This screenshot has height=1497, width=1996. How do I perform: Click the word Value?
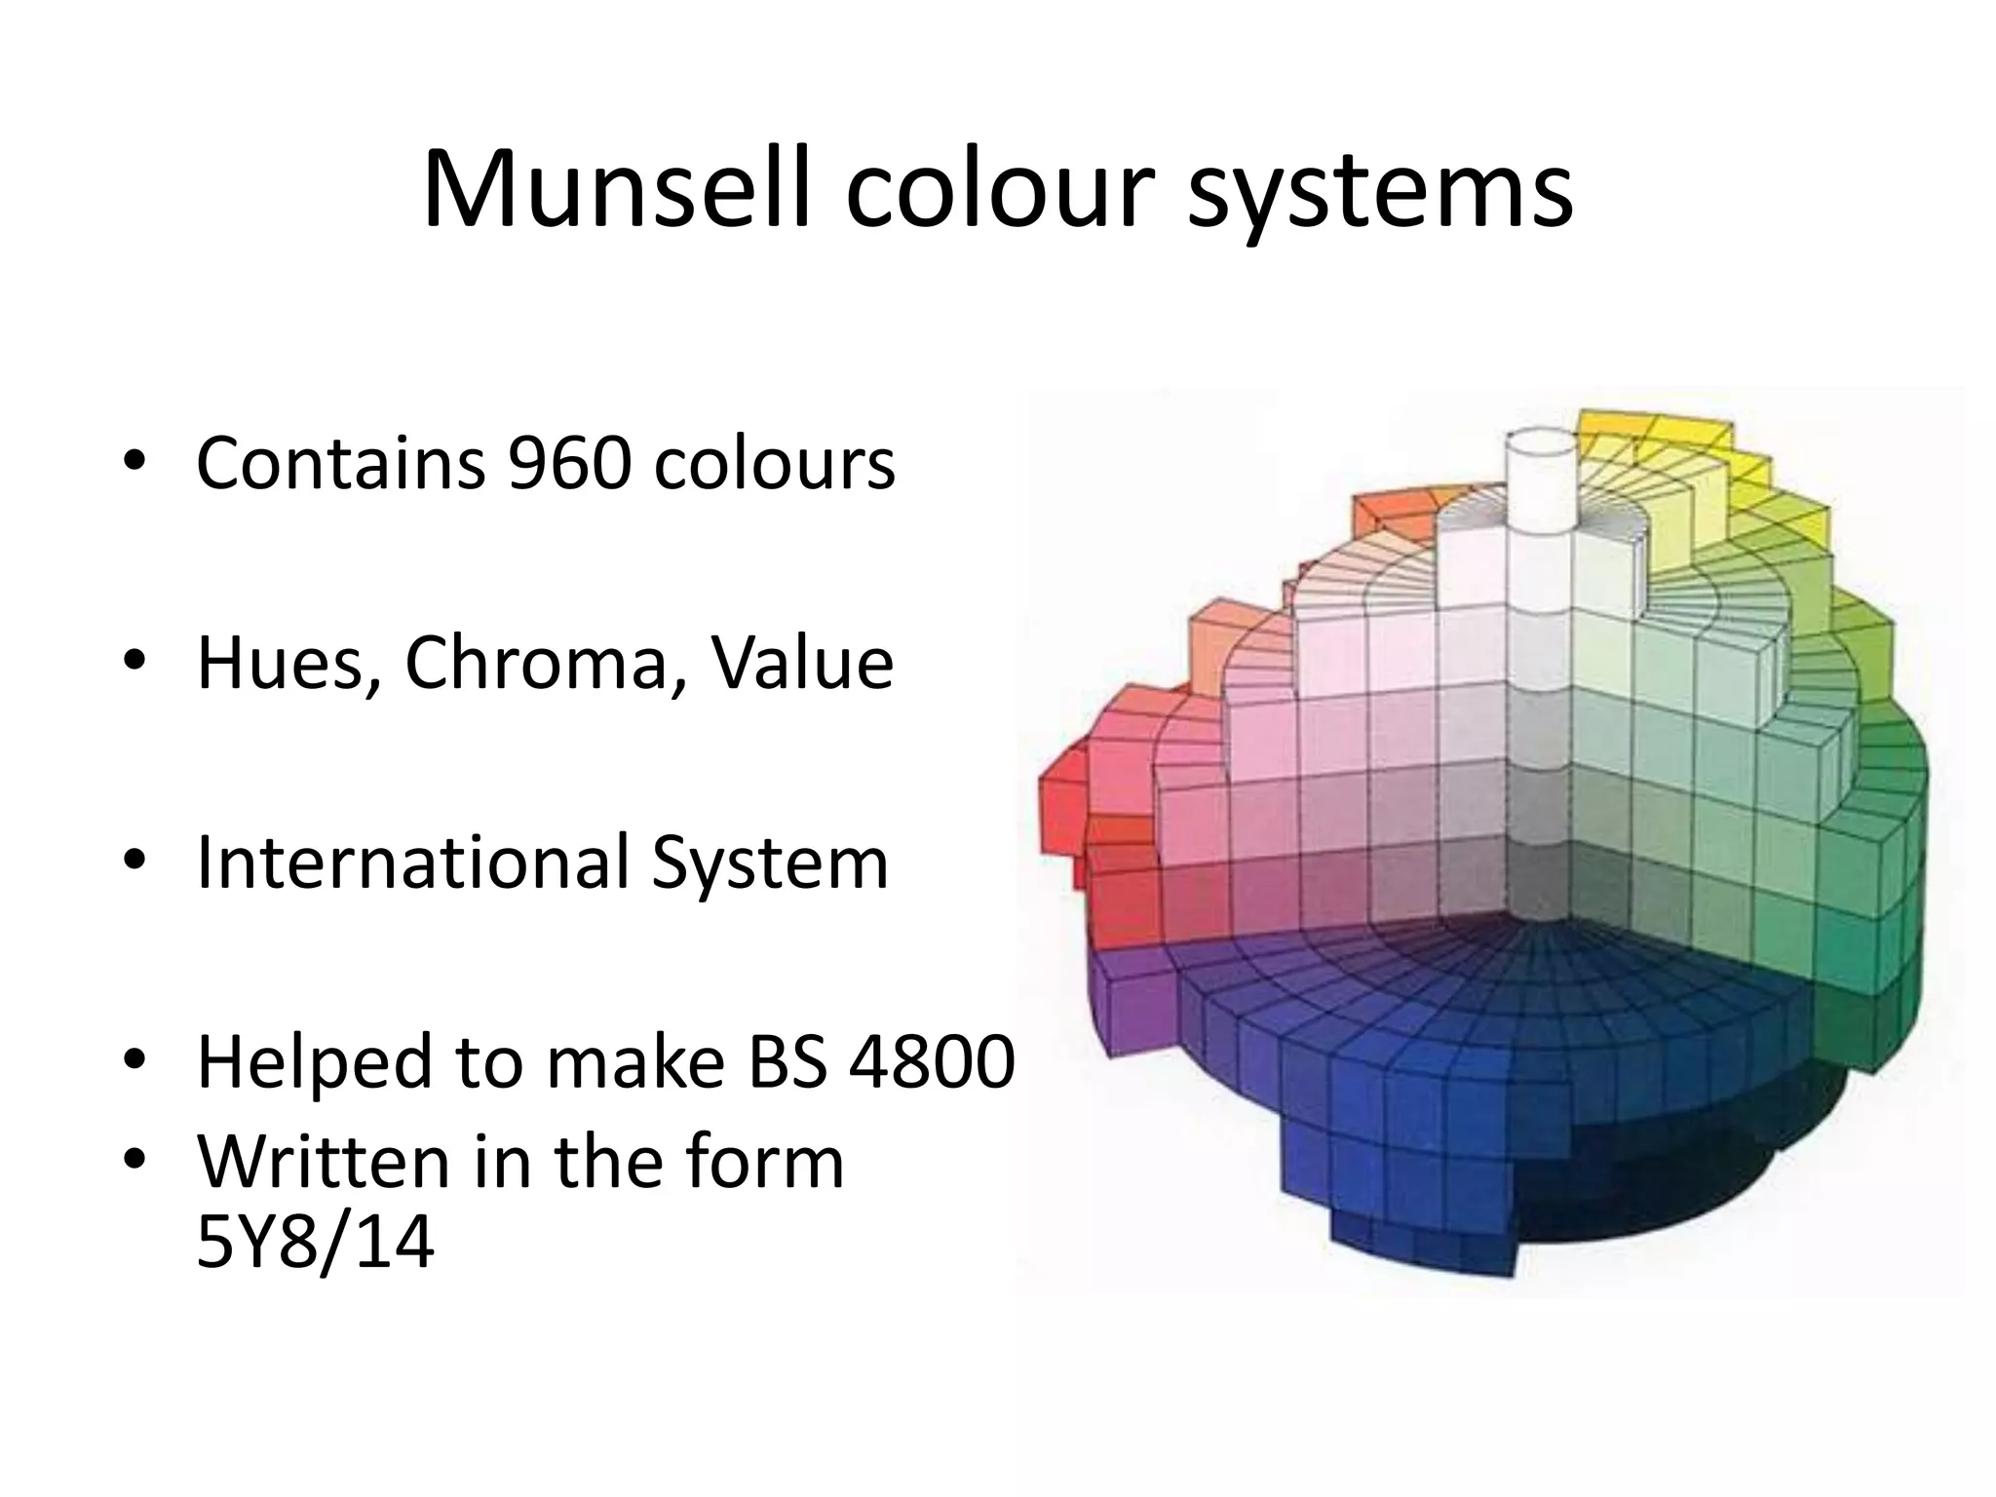point(801,663)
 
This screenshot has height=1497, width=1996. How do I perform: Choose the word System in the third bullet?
point(770,864)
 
